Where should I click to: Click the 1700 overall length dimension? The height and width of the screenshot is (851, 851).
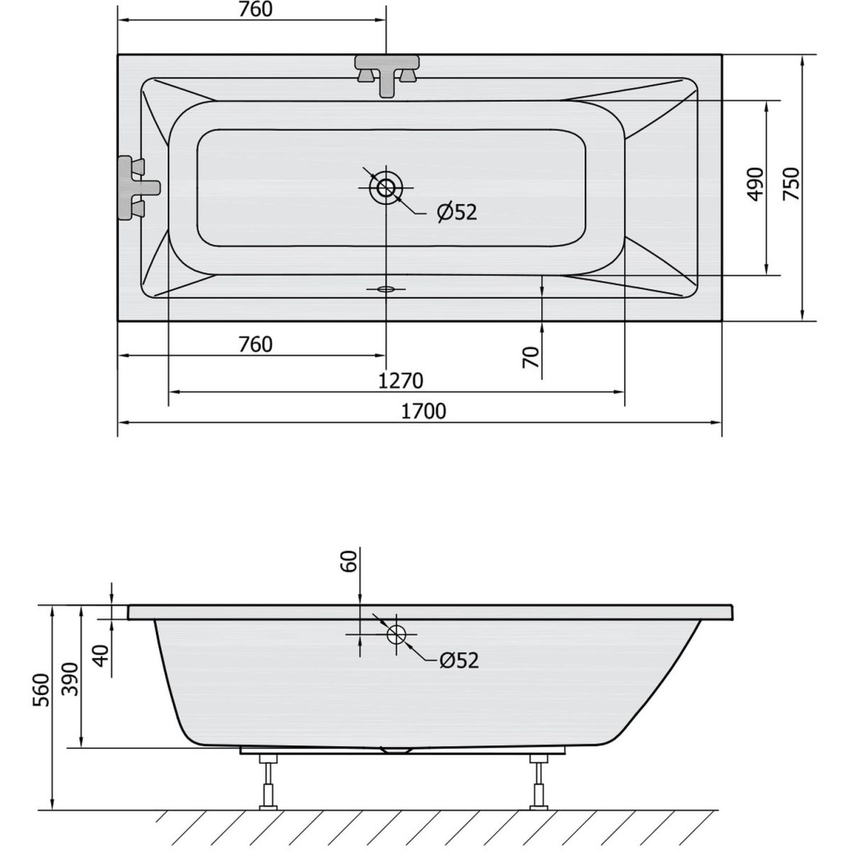tap(423, 411)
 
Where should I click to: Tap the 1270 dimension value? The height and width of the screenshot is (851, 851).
tap(401, 380)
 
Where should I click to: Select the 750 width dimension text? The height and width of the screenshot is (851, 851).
tap(791, 184)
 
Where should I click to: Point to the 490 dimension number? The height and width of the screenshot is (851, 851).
tap(755, 184)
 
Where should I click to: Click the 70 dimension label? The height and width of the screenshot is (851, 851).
tap(531, 357)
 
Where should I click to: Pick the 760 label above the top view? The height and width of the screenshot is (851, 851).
tap(255, 9)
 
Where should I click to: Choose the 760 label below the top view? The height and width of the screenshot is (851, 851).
tap(255, 344)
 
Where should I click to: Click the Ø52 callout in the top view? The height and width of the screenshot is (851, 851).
tap(457, 213)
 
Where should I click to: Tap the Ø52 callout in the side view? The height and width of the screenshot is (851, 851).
tap(460, 660)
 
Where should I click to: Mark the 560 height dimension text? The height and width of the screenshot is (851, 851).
tap(42, 690)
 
